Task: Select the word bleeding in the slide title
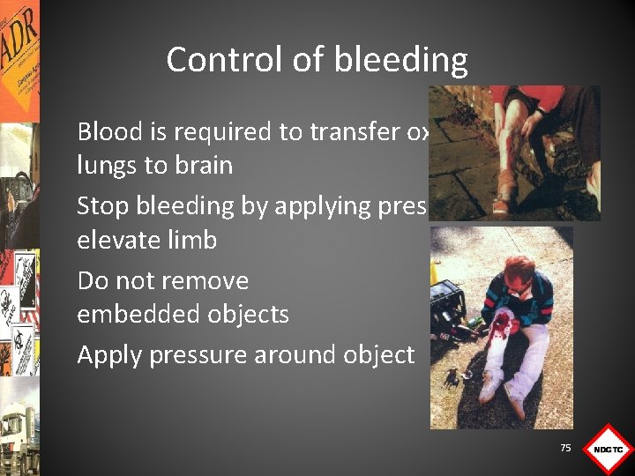tap(401, 60)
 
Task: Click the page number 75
tap(565, 448)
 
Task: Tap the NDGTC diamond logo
tap(608, 450)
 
